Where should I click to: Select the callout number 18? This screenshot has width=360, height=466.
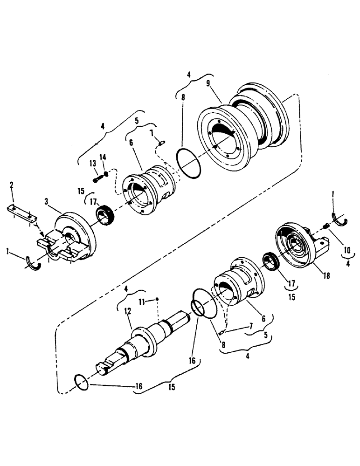pos(326,276)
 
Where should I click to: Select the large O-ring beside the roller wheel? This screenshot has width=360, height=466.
pos(188,164)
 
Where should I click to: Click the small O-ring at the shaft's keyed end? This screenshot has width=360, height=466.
pos(82,382)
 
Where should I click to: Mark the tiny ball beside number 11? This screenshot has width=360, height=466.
pos(158,299)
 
